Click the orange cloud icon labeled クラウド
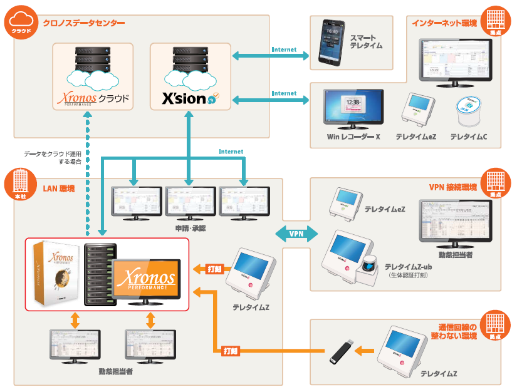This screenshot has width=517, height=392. (21, 23)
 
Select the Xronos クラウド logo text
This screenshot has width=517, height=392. (93, 98)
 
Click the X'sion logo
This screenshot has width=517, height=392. (191, 98)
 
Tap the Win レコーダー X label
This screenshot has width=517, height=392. (353, 136)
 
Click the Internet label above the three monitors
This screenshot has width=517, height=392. (231, 152)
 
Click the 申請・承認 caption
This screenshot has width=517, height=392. (191, 229)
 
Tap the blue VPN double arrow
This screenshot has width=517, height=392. (296, 234)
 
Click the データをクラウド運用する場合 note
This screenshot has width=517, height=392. (53, 157)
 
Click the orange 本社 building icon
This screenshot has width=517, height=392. (21, 185)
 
